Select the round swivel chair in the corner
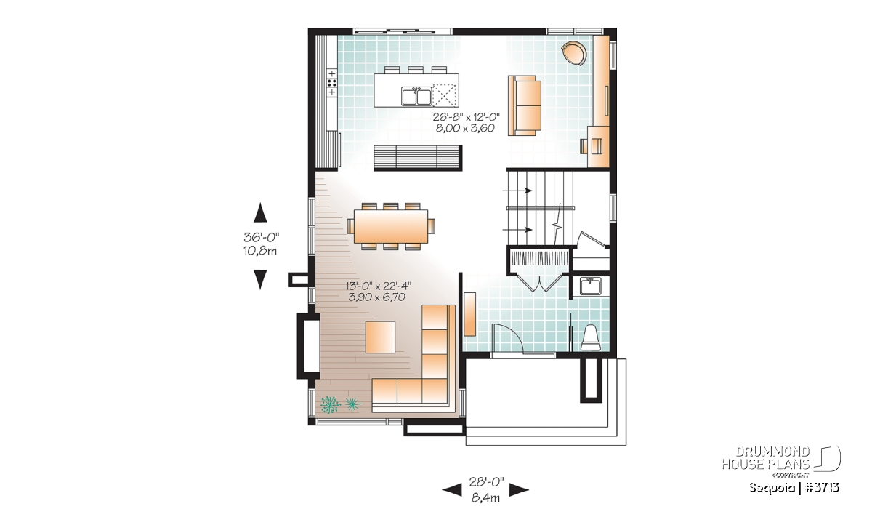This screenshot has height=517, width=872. point(574,53)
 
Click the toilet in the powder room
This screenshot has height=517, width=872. point(591,338)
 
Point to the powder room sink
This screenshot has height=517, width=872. point(591,286)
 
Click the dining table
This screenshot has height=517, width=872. point(391,226)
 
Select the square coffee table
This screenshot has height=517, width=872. point(380,337)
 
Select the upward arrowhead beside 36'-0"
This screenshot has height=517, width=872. point(260,213)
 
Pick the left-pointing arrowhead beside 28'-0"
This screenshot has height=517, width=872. point(452,490)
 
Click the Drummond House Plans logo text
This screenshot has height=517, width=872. point(766,458)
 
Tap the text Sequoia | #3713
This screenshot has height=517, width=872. point(794,488)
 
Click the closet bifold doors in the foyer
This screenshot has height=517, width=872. point(539,283)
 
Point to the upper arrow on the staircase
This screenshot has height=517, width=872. point(517,191)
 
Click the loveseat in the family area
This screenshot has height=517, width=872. point(525,105)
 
